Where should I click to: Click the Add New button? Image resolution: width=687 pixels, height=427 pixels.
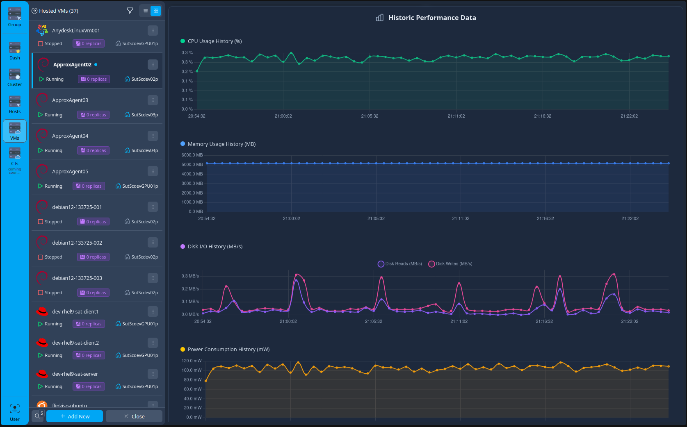[74, 416]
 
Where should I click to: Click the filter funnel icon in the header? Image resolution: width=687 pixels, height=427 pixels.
[130, 11]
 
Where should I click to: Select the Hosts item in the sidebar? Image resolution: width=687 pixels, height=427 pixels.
[14, 105]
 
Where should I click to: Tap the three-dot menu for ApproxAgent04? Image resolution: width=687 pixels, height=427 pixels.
[153, 136]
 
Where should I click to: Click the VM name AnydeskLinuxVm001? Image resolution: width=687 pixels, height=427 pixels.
[76, 31]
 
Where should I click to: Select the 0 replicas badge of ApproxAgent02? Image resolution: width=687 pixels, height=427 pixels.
[94, 79]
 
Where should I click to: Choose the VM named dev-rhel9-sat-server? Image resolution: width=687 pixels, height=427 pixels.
[75, 374]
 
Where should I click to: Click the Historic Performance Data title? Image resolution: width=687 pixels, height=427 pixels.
[432, 18]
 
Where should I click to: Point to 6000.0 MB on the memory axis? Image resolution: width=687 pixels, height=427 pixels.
[192, 155]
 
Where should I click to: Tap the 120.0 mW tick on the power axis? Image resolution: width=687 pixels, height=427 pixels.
[192, 361]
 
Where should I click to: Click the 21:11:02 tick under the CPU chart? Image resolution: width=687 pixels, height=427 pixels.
[456, 116]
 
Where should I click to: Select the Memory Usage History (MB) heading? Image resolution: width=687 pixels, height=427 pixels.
[221, 144]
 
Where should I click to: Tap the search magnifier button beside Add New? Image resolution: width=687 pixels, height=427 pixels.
[37, 416]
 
